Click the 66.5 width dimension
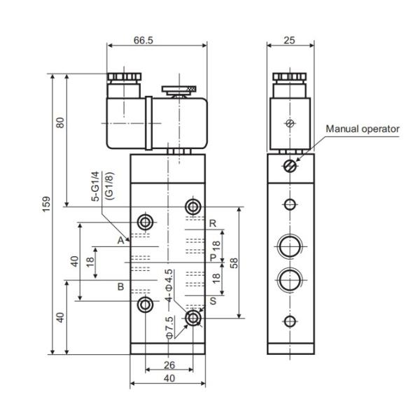point(143,40)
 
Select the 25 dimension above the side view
point(290,40)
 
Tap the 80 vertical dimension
point(61,122)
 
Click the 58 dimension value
point(234,263)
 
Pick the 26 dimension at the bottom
point(169,364)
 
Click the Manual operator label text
point(363,128)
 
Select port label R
point(212,223)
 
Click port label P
point(212,258)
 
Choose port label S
point(212,302)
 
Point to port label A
point(120,240)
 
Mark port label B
point(120,287)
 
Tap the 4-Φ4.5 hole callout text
point(169,284)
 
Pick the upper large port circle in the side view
point(289,247)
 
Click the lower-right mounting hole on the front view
point(193,318)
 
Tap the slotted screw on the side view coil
point(290,124)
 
